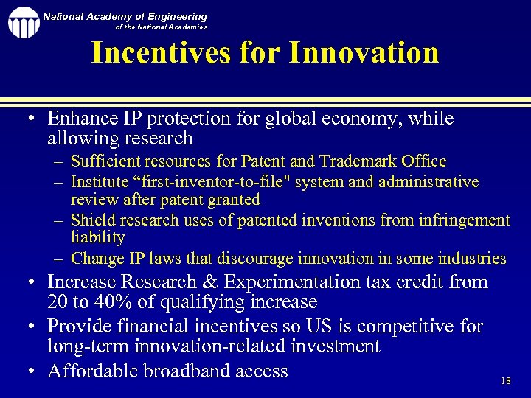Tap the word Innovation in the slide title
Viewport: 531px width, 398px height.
coord(364,52)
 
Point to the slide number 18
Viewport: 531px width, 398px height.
coord(505,381)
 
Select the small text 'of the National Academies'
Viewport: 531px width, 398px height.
coord(162,27)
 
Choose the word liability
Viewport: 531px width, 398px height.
coord(98,237)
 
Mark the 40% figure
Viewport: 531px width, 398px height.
coord(110,302)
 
